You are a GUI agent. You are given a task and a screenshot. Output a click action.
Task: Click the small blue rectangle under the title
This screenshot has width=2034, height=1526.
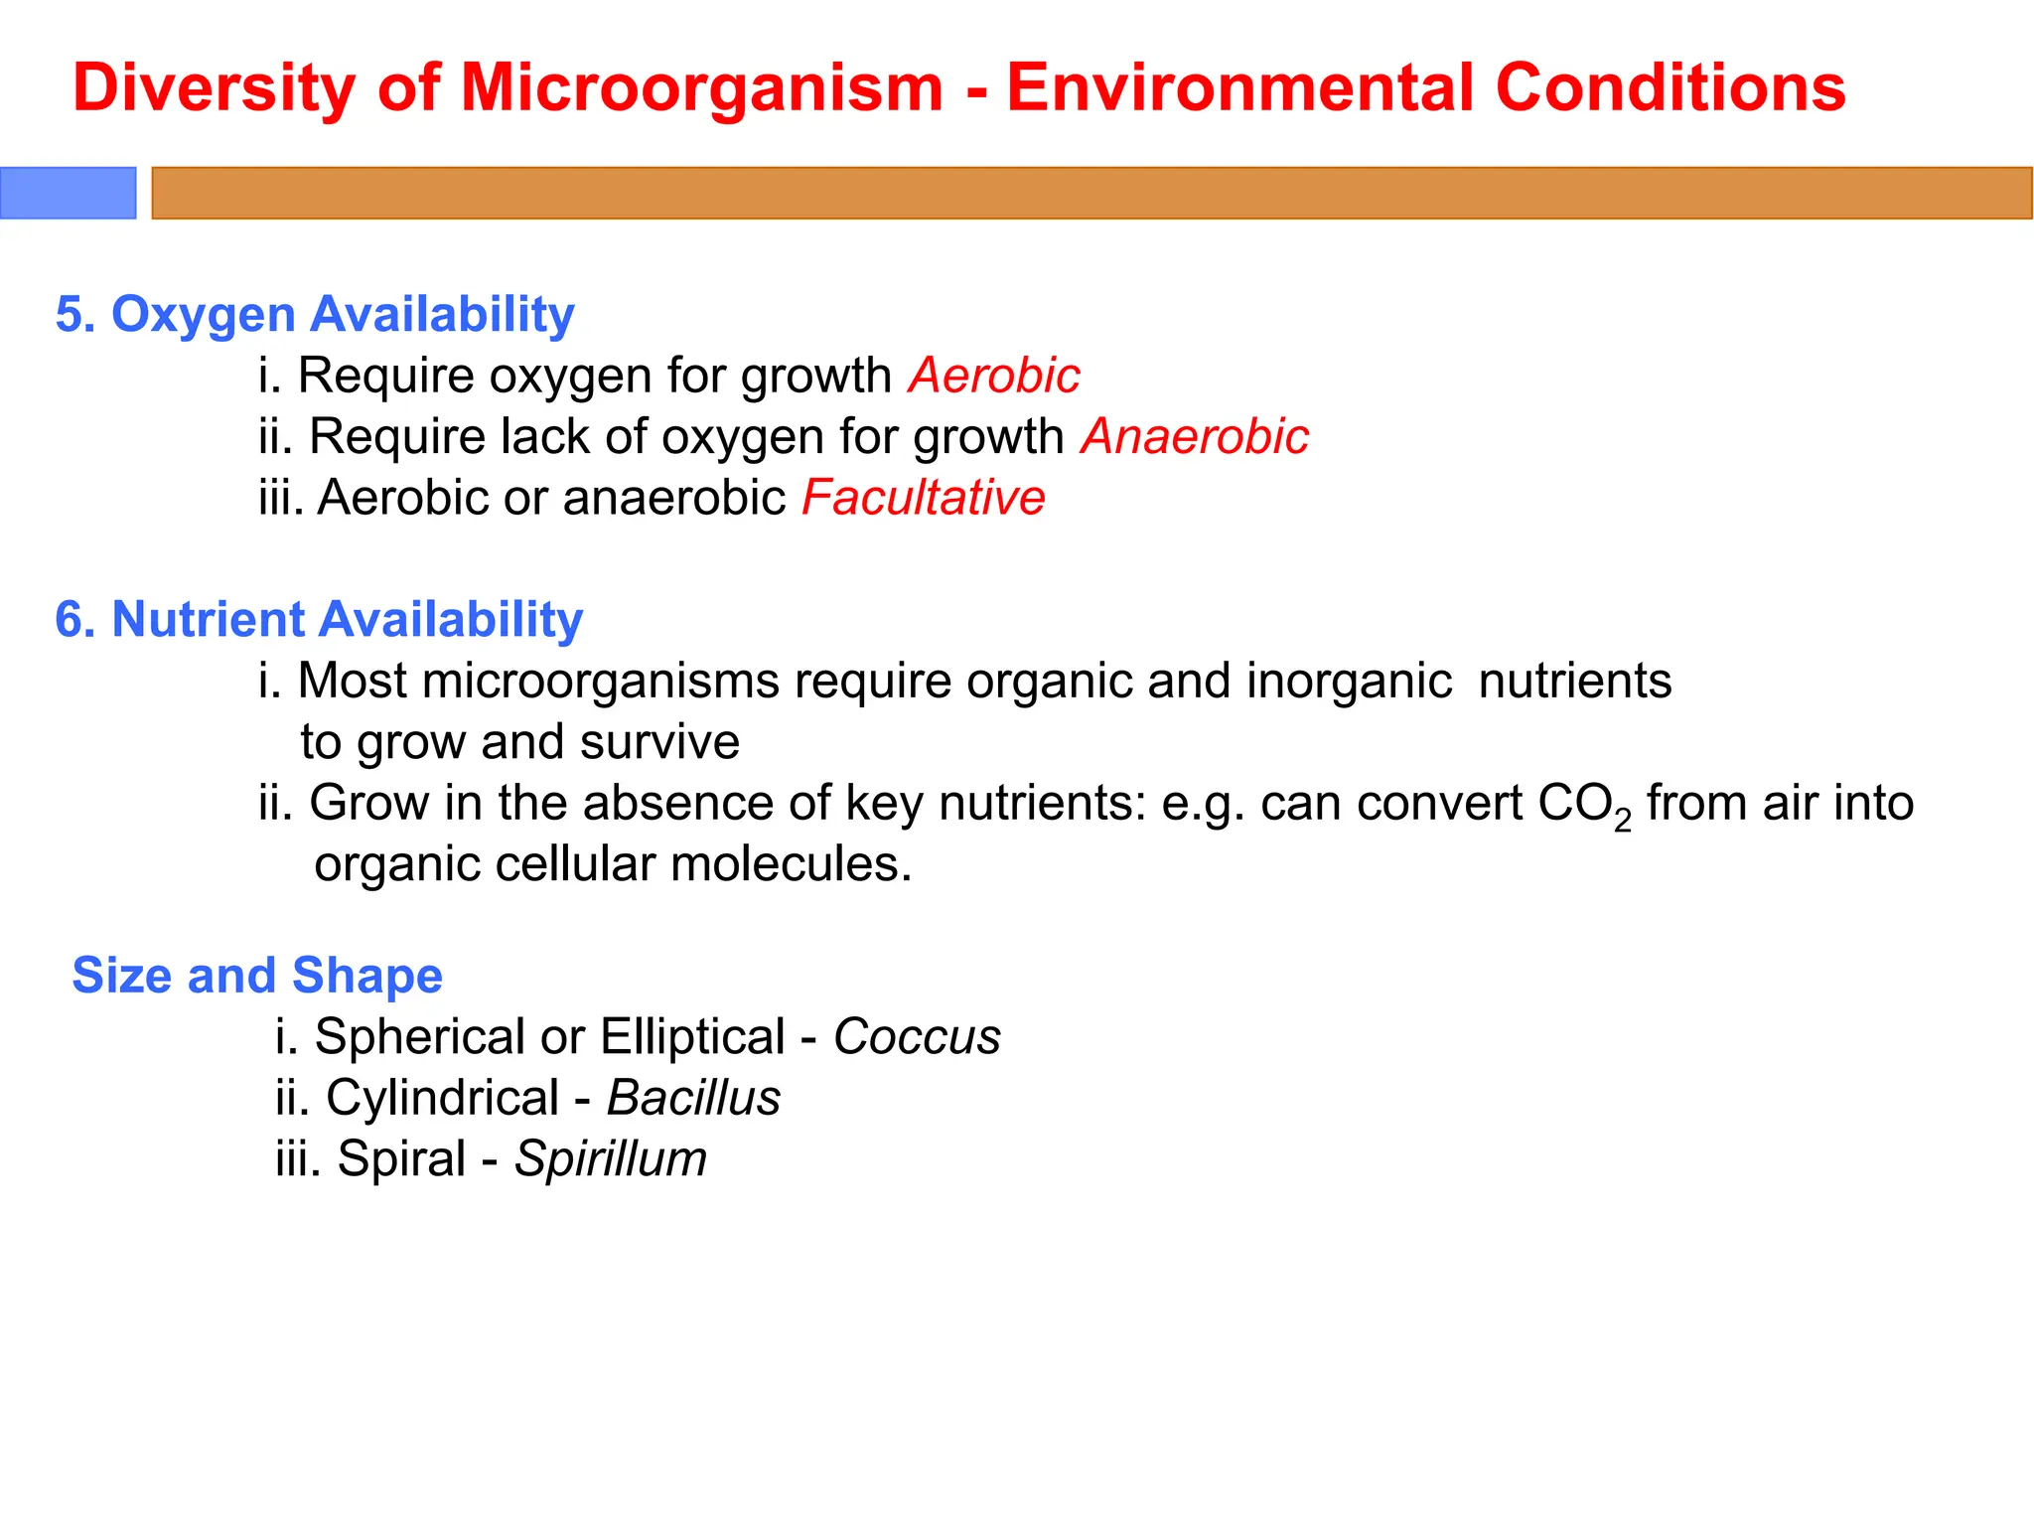click(x=68, y=193)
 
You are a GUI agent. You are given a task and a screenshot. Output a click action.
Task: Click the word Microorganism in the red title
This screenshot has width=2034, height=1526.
click(x=701, y=87)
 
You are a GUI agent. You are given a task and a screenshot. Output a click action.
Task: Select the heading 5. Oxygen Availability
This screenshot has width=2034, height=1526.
click(x=315, y=314)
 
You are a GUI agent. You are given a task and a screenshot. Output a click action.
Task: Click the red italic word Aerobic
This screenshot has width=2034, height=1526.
click(x=993, y=376)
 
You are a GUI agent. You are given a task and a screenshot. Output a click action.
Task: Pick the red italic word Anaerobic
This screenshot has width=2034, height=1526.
click(x=1195, y=437)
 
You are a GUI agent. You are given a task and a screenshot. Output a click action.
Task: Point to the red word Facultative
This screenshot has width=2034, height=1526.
click(x=923, y=498)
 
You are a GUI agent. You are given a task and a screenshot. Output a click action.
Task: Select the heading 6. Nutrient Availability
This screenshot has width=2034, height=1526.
click(x=319, y=619)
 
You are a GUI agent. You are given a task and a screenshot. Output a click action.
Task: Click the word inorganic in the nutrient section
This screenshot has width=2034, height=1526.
click(x=1349, y=682)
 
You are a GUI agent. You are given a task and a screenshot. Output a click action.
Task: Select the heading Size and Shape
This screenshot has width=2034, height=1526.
click(x=257, y=975)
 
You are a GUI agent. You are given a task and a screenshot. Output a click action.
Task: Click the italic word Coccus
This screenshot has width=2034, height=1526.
click(x=916, y=1037)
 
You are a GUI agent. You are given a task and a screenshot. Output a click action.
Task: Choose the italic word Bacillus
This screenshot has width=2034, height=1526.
click(x=693, y=1098)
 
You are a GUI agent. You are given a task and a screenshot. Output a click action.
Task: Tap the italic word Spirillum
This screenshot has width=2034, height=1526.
click(x=610, y=1159)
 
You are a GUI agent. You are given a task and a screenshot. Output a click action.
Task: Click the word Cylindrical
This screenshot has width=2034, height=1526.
click(x=442, y=1098)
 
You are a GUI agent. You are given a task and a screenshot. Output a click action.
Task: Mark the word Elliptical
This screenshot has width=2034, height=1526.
click(x=692, y=1037)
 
